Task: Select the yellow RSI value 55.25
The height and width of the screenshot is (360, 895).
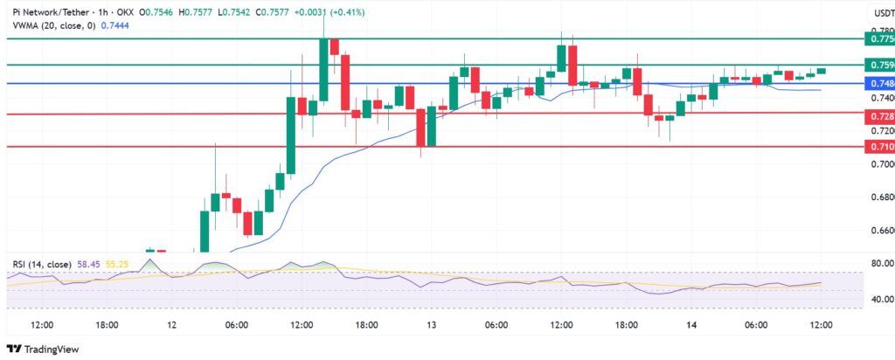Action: pyautogui.click(x=118, y=263)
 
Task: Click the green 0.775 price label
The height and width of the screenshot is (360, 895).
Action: pyautogui.click(x=876, y=39)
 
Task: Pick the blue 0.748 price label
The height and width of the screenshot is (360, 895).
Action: pyautogui.click(x=876, y=84)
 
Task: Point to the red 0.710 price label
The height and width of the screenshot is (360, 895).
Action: pyautogui.click(x=876, y=146)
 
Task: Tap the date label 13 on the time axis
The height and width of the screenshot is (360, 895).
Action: pyautogui.click(x=431, y=325)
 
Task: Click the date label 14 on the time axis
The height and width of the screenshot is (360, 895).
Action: pyautogui.click(x=691, y=325)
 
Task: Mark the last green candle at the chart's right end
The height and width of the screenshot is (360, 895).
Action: pyautogui.click(x=822, y=71)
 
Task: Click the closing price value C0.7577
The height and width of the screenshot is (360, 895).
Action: pyautogui.click(x=281, y=13)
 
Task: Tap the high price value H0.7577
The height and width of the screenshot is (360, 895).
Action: pyautogui.click(x=193, y=13)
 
